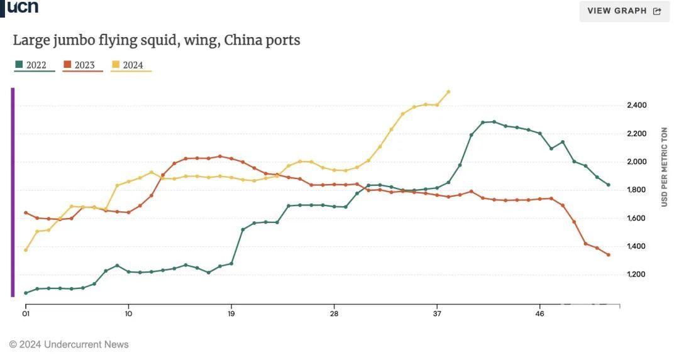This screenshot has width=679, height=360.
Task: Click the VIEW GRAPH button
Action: click(624, 11)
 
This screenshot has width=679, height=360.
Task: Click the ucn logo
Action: click(23, 7)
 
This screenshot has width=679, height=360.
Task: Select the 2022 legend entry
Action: click(31, 65)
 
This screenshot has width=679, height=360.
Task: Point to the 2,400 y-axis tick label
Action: click(636, 105)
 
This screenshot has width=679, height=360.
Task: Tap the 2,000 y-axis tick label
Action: click(636, 161)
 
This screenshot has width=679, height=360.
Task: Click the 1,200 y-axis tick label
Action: click(636, 275)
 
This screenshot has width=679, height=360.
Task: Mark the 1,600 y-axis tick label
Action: click(636, 218)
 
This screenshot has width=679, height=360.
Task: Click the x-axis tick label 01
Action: click(26, 313)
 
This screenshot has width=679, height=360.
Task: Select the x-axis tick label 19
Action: click(231, 313)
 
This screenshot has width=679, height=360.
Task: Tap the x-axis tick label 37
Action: click(437, 313)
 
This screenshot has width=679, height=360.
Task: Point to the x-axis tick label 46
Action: click(539, 313)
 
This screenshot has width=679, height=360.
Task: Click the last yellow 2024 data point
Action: click(448, 92)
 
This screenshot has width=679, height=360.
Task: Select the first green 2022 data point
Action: click(26, 293)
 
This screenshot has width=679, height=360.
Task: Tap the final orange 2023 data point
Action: click(608, 254)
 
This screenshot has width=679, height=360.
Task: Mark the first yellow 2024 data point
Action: click(26, 250)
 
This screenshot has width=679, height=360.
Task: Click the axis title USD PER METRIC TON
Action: click(665, 166)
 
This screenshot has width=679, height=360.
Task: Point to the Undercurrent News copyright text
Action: click(69, 344)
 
